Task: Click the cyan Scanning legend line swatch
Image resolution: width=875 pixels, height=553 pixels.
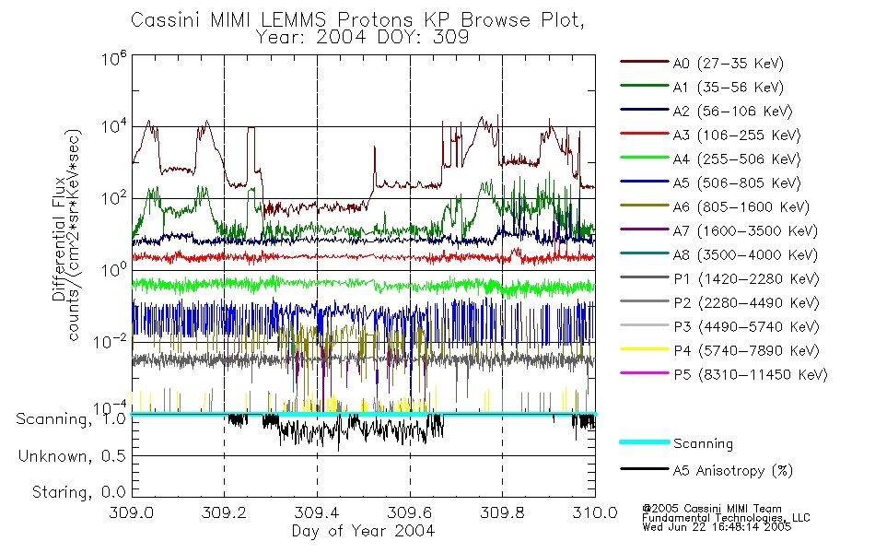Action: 644,443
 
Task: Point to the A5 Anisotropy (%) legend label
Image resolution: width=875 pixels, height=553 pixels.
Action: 733,471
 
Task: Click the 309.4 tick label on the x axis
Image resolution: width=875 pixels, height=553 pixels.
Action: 317,512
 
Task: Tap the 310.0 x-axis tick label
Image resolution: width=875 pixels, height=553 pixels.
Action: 595,512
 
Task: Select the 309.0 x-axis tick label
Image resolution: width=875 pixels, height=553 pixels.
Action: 132,512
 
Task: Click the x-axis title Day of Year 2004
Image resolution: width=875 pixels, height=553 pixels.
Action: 362,531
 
